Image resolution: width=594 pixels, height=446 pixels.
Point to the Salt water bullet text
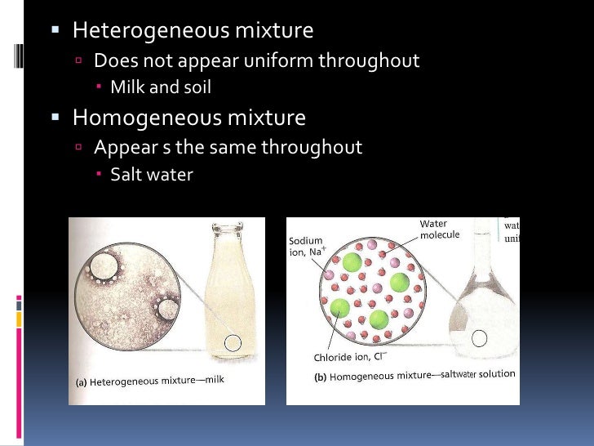(151, 174)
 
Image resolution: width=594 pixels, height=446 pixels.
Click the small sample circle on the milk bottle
(233, 343)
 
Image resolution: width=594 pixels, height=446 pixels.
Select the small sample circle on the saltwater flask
(480, 337)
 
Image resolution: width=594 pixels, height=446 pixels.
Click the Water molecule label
(440, 229)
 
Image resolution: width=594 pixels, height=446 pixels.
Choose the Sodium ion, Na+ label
(308, 247)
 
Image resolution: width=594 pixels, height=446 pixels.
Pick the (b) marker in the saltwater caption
(321, 377)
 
